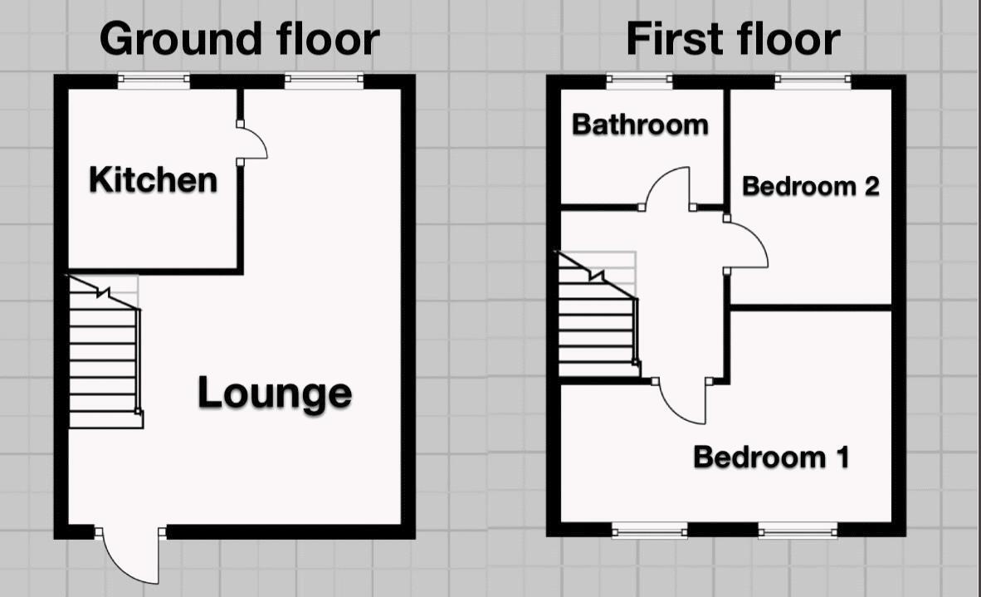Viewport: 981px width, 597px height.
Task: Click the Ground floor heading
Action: pyautogui.click(x=239, y=39)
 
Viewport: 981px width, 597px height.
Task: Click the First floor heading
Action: pyautogui.click(x=733, y=39)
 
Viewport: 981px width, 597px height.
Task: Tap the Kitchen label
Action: pyautogui.click(x=153, y=179)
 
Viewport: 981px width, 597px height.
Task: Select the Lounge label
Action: pyautogui.click(x=274, y=393)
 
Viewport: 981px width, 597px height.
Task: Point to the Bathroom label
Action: pyautogui.click(x=640, y=125)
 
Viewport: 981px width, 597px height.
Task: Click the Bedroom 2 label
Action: pyautogui.click(x=810, y=186)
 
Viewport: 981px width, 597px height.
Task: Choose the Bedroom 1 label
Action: pyautogui.click(x=771, y=457)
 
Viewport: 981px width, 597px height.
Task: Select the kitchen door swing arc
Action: pyautogui.click(x=253, y=142)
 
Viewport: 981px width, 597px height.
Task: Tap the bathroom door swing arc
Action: pyautogui.click(x=669, y=188)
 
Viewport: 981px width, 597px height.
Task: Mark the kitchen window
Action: pyautogui.click(x=154, y=81)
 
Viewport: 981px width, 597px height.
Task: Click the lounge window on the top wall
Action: pyautogui.click(x=324, y=81)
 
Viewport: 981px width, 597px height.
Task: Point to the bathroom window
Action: pyautogui.click(x=639, y=81)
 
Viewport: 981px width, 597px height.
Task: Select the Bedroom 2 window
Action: pyautogui.click(x=813, y=81)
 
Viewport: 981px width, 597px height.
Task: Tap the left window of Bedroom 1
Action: pyautogui.click(x=650, y=530)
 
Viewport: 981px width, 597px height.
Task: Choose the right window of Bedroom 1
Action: pyautogui.click(x=798, y=530)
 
